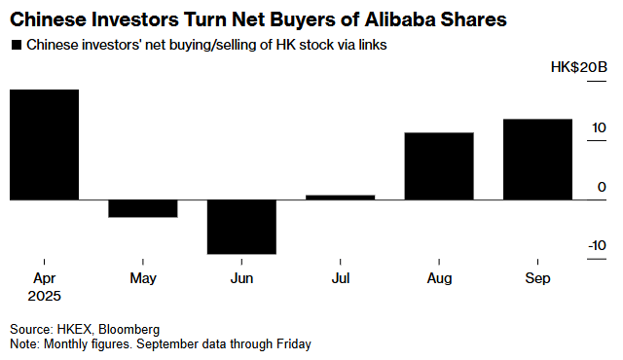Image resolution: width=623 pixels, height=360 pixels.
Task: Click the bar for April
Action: (44, 144)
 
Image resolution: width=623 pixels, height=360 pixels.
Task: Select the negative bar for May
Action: (143, 208)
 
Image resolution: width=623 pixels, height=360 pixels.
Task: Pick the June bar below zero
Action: (241, 227)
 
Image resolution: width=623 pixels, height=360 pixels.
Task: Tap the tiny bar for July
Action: (341, 198)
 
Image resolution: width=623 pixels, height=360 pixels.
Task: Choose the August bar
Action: (439, 166)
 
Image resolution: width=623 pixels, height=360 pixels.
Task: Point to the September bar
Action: (537, 160)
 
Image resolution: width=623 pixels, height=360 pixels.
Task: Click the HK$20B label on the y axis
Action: (579, 67)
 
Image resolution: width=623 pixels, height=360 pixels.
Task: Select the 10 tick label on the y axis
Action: (599, 127)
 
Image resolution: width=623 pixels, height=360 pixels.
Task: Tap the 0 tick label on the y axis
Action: (602, 187)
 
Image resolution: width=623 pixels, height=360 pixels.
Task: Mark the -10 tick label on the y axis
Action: (597, 246)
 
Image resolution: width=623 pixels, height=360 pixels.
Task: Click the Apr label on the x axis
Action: (44, 278)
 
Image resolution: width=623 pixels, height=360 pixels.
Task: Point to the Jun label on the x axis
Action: (241, 278)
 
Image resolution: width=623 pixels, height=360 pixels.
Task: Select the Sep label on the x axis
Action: (537, 278)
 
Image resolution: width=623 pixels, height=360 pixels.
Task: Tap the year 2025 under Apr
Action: (44, 296)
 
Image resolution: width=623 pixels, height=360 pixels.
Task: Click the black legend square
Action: (17, 45)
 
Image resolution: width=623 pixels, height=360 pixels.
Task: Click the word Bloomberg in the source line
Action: (129, 330)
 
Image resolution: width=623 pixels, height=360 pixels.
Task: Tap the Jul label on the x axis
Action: (341, 278)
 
